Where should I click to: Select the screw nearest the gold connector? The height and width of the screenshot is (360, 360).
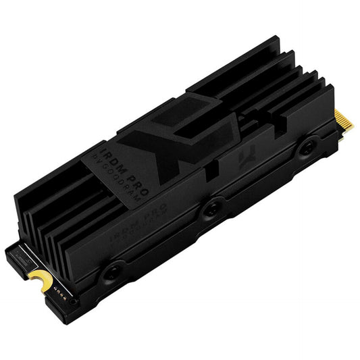pyautogui.click(x=307, y=147)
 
